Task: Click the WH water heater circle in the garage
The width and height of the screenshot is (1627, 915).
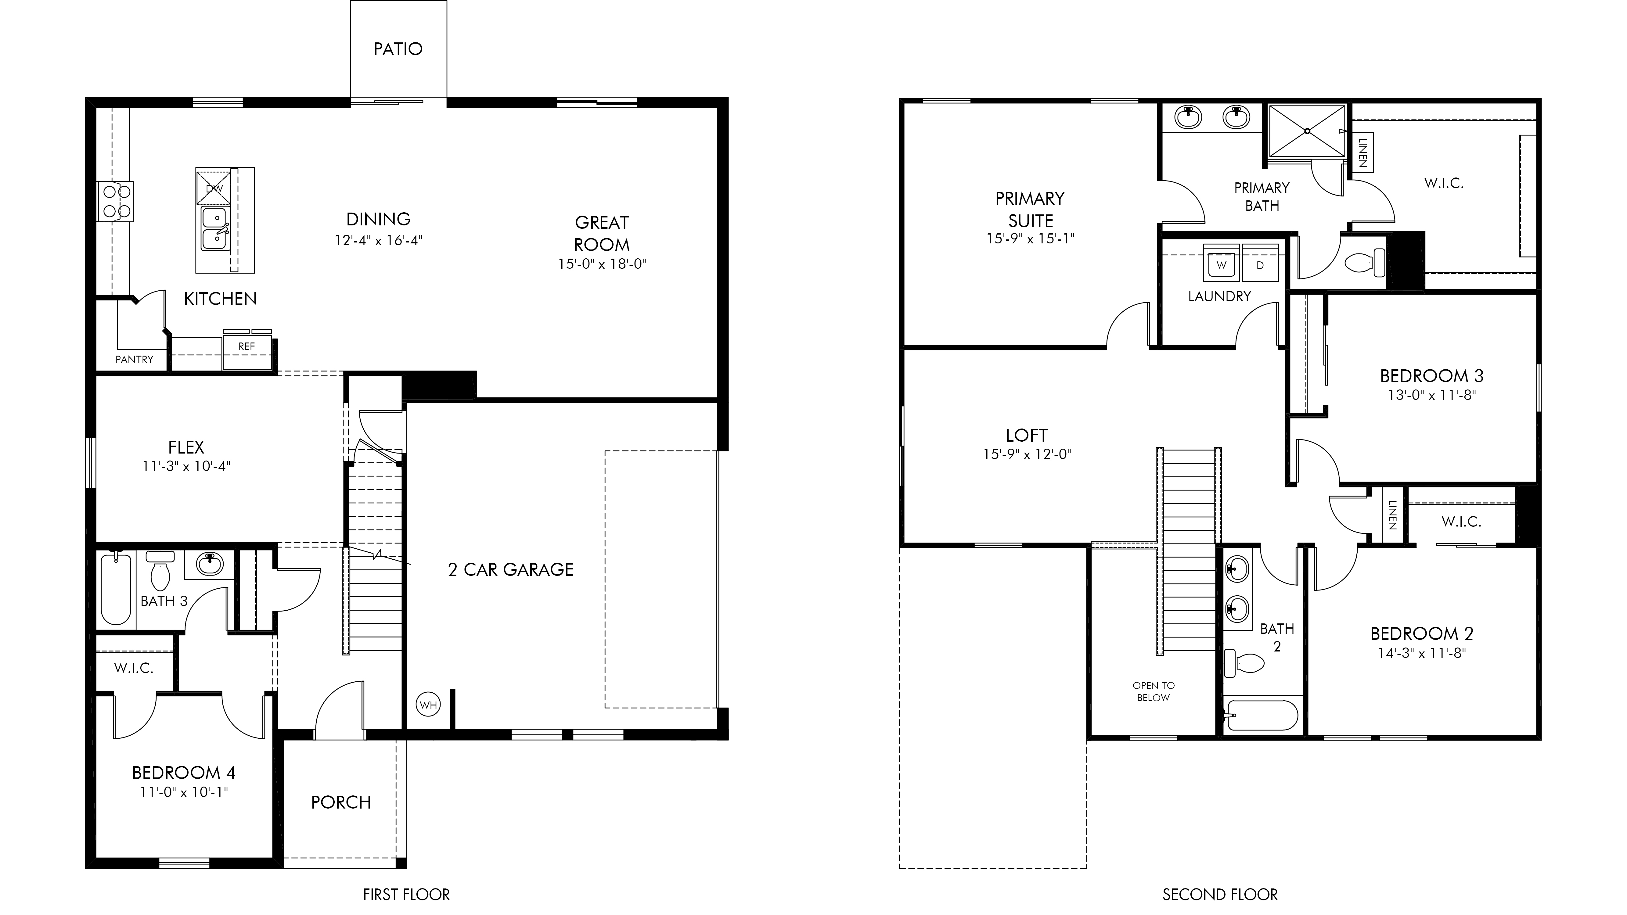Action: (428, 705)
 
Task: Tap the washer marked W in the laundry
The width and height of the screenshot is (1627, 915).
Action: (1222, 264)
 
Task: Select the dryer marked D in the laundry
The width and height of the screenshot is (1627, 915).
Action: (1260, 264)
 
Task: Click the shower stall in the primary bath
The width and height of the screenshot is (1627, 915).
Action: (1307, 131)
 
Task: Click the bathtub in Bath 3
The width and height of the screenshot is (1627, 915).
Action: (116, 589)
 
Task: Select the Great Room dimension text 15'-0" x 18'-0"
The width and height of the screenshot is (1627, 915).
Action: (602, 264)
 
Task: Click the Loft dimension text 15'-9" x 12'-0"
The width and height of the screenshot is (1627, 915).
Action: (1027, 454)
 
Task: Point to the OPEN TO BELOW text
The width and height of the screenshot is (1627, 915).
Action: (1153, 691)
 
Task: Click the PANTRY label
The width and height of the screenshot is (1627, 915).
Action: (135, 359)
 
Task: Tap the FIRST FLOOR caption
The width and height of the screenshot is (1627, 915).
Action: (406, 895)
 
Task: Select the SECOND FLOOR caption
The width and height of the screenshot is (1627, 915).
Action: (1220, 895)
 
